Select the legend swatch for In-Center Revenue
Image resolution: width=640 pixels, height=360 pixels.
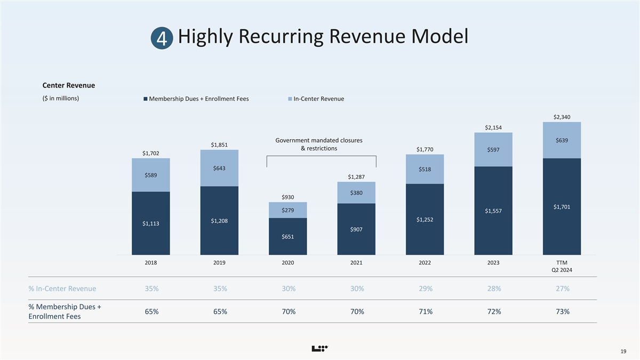coord(290,99)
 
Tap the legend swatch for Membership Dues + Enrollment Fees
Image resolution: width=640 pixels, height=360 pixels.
coord(145,99)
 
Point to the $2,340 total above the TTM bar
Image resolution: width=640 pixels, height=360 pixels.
coord(562,117)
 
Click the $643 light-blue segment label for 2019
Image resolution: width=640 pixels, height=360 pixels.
coord(219,169)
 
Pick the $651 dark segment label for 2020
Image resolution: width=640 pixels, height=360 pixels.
coord(288,236)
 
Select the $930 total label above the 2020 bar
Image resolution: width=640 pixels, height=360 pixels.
coord(288,198)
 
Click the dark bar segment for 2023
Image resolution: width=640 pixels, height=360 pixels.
coord(493,224)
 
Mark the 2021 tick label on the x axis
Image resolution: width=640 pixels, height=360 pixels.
coord(356,263)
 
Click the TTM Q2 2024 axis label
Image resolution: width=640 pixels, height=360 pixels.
coord(562,266)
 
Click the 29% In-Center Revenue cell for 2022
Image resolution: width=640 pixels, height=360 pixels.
coord(425,289)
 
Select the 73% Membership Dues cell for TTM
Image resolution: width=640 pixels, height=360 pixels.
coord(562,311)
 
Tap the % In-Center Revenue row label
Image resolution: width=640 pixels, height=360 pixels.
coord(62,289)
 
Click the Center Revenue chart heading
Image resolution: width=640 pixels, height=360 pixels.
coord(69,85)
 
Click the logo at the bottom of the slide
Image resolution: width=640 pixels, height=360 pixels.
coord(319,349)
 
